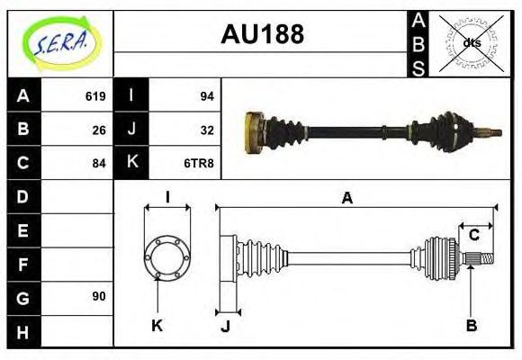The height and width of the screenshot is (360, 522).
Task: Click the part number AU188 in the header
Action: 262,35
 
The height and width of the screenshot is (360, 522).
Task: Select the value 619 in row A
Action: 95,96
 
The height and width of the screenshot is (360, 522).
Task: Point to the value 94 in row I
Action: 205,96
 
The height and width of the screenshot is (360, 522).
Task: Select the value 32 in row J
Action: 205,130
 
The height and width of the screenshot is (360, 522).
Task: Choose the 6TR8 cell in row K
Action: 199,163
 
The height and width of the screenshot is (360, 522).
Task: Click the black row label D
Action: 23,196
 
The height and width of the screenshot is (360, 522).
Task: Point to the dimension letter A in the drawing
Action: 346,198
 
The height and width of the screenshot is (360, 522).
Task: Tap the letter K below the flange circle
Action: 157,325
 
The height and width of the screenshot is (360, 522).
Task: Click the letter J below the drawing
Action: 225,325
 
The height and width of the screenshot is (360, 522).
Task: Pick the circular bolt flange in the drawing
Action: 167,258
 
